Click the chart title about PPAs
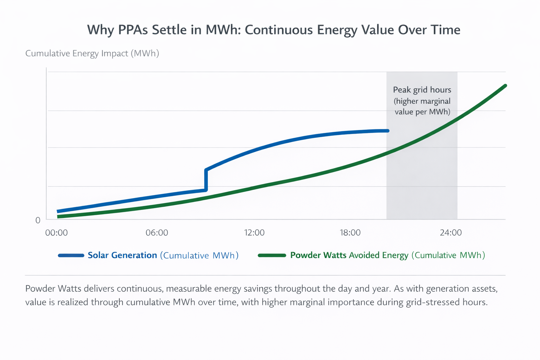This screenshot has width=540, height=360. pyautogui.click(x=274, y=30)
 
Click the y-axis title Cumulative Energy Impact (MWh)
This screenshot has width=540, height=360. pyautogui.click(x=92, y=53)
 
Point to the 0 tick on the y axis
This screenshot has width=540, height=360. pyautogui.click(x=38, y=220)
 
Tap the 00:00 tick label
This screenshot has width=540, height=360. pyautogui.click(x=57, y=233)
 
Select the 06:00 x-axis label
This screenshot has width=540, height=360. pyautogui.click(x=157, y=233)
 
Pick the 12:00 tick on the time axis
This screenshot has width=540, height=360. pyautogui.click(x=254, y=233)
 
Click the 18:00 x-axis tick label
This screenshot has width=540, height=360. pyautogui.click(x=350, y=233)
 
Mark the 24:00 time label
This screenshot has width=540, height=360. pyautogui.click(x=451, y=233)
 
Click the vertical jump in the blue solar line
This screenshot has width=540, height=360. pyautogui.click(x=206, y=180)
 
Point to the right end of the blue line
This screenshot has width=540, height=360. pyautogui.click(x=388, y=131)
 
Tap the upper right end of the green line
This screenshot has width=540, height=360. pyautogui.click(x=505, y=85)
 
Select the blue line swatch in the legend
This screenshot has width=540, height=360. pyautogui.click(x=71, y=256)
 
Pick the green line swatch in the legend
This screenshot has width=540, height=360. pyautogui.click(x=272, y=256)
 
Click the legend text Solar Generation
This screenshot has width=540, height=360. pyautogui.click(x=122, y=255)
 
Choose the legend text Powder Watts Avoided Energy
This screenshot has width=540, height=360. pyautogui.click(x=349, y=255)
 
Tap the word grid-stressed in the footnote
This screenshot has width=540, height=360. pyautogui.click(x=432, y=302)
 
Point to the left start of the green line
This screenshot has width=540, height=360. pyautogui.click(x=58, y=217)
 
